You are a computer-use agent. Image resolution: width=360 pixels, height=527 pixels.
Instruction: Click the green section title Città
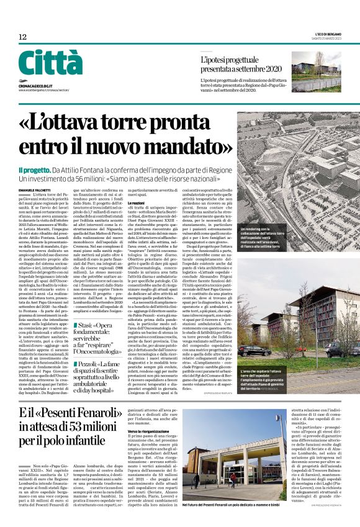(50, 63)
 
